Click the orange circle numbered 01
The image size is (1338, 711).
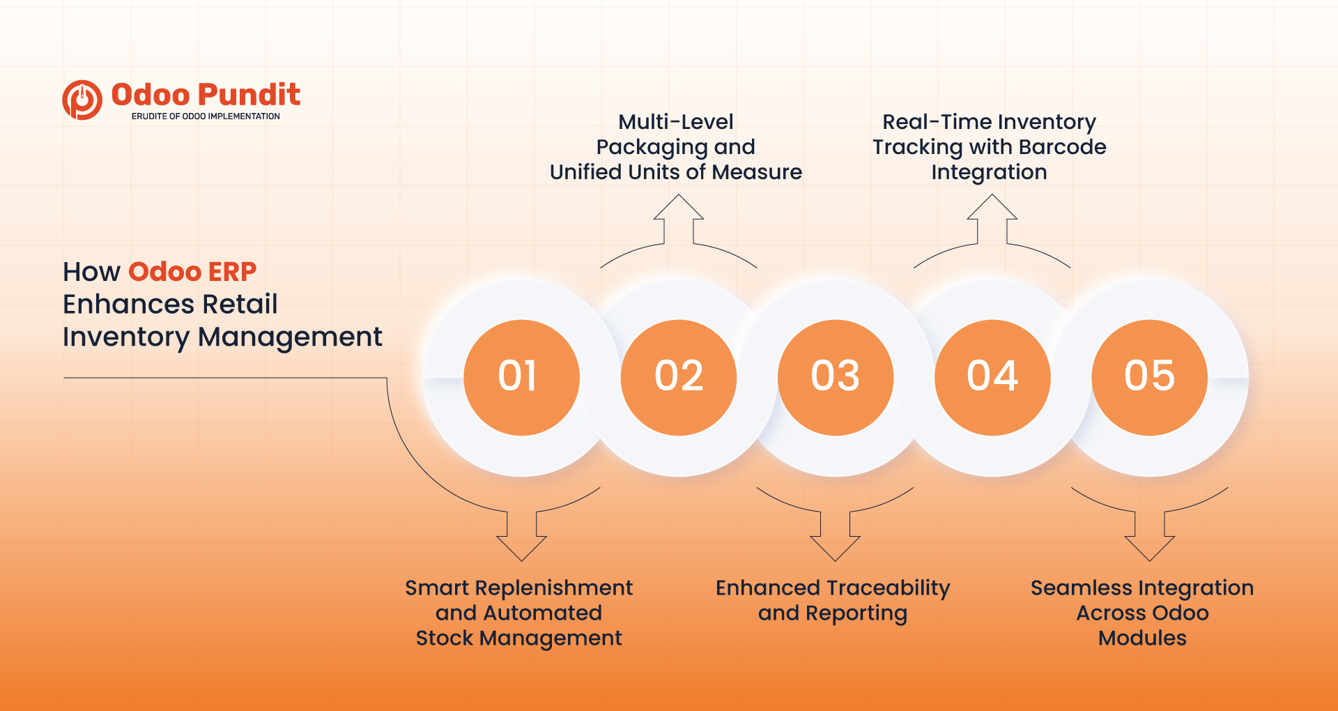tap(521, 377)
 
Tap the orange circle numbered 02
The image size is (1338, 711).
tap(678, 377)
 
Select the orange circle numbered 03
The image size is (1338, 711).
tap(835, 377)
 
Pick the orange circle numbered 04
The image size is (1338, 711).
tap(992, 377)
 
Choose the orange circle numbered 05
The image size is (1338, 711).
tap(1149, 377)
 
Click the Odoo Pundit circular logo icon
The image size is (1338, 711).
tap(82, 100)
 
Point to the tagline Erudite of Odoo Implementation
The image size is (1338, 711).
tap(206, 116)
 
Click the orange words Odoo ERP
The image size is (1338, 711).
tap(192, 271)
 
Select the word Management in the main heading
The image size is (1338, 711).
tap(290, 337)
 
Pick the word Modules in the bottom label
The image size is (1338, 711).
tap(1142, 638)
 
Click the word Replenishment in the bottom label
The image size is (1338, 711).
tap(553, 588)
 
